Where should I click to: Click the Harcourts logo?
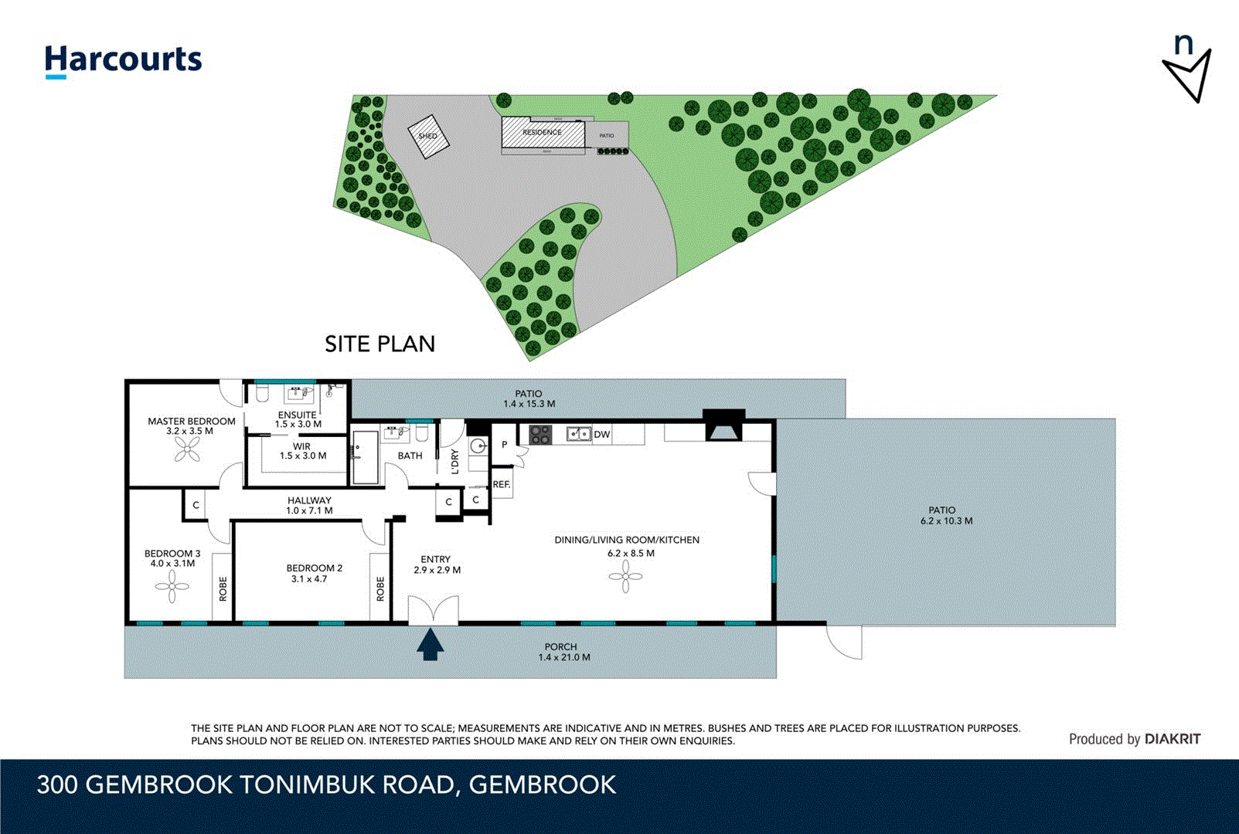(x=123, y=60)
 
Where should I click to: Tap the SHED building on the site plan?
(x=428, y=136)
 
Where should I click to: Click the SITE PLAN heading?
(x=380, y=344)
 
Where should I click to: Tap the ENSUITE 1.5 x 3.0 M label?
(x=298, y=419)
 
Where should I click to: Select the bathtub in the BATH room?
(x=365, y=458)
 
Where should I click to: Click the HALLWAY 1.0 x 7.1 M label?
(x=309, y=505)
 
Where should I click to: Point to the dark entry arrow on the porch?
(x=431, y=645)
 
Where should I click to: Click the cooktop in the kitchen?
(x=540, y=435)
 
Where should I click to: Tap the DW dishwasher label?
(x=602, y=435)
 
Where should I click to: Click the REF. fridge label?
(x=501, y=485)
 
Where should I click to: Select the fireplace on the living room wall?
(x=724, y=426)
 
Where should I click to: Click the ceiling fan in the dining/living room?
(x=625, y=576)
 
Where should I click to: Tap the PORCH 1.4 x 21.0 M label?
(x=563, y=652)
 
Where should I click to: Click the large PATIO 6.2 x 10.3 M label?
(x=945, y=515)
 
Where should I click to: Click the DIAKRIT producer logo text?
(x=1173, y=739)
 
